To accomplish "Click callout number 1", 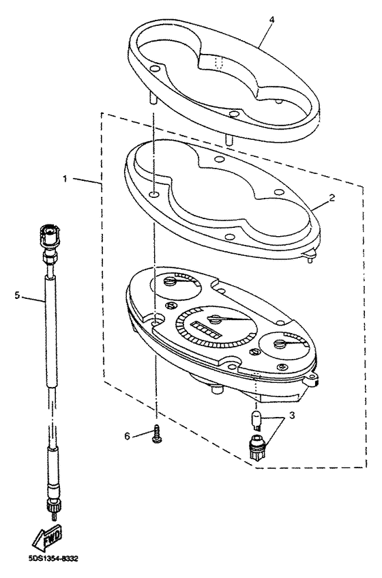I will [x=66, y=179].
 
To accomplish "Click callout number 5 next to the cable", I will [x=18, y=295].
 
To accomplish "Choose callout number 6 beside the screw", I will [x=127, y=435].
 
